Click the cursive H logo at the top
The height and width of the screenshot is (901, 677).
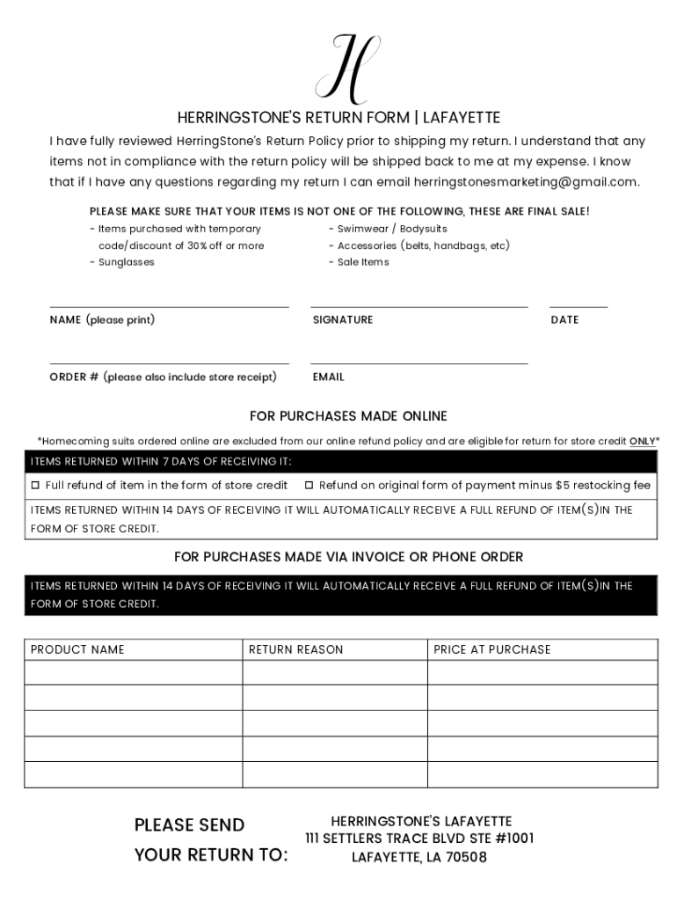[x=348, y=68]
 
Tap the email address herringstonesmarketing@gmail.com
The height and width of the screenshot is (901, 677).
[x=526, y=182]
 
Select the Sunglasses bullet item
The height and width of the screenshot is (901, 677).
[x=126, y=262]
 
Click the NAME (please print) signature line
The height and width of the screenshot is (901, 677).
[x=169, y=306]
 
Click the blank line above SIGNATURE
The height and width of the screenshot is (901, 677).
[x=419, y=306]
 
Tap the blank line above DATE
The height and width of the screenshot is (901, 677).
[x=579, y=306]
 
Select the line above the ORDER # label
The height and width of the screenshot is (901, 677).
[x=169, y=363]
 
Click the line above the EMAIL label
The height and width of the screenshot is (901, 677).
[x=419, y=363]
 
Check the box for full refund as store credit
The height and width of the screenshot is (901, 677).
[x=36, y=486]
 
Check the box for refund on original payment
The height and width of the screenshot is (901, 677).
[x=309, y=486]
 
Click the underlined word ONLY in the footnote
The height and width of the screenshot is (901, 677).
[x=642, y=442]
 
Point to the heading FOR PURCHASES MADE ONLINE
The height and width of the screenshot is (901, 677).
[x=348, y=416]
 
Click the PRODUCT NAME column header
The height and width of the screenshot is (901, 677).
[x=77, y=649]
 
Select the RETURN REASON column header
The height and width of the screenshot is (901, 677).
[x=296, y=649]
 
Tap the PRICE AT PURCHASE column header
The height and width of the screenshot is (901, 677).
[x=492, y=649]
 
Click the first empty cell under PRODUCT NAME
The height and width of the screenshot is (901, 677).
[x=133, y=672]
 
